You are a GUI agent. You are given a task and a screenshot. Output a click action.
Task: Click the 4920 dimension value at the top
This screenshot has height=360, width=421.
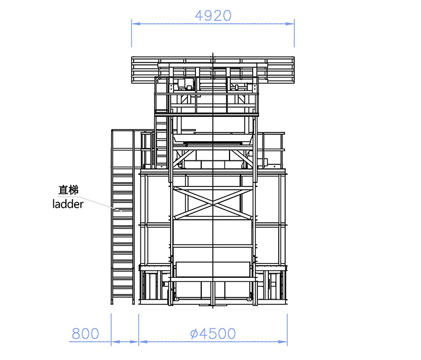pyautogui.click(x=213, y=16)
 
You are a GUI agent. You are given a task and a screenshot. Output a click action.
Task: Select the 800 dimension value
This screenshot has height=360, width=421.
pyautogui.click(x=86, y=334)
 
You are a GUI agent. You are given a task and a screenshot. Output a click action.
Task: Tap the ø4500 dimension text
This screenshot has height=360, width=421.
pyautogui.click(x=213, y=334)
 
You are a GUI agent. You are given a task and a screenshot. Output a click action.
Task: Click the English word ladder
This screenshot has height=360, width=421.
pyautogui.click(x=68, y=204)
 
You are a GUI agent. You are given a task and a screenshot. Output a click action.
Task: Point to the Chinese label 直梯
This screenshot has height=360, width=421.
pyautogui.click(x=68, y=190)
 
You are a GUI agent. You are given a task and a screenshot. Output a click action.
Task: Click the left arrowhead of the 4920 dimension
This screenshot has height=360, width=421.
pyautogui.click(x=136, y=24)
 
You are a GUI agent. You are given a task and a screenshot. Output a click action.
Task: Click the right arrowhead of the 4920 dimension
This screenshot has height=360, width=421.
pyautogui.click(x=290, y=24)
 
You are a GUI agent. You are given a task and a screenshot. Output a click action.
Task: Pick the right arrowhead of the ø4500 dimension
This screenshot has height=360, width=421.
pyautogui.click(x=283, y=341)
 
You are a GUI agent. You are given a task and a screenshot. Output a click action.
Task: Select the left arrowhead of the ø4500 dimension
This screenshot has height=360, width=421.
pyautogui.click(x=143, y=341)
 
